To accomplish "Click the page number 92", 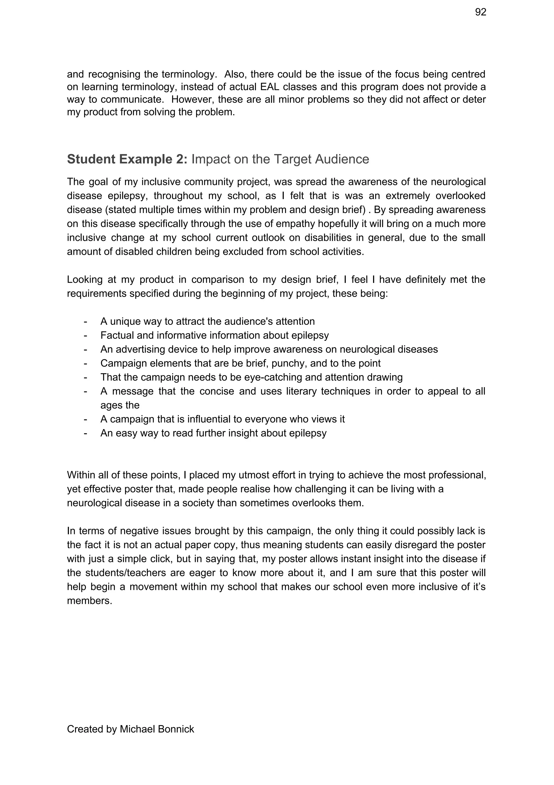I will [x=480, y=12].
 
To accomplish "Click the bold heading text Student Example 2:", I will [x=127, y=159].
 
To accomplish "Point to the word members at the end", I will [x=89, y=601].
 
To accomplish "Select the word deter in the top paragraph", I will [x=474, y=100].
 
